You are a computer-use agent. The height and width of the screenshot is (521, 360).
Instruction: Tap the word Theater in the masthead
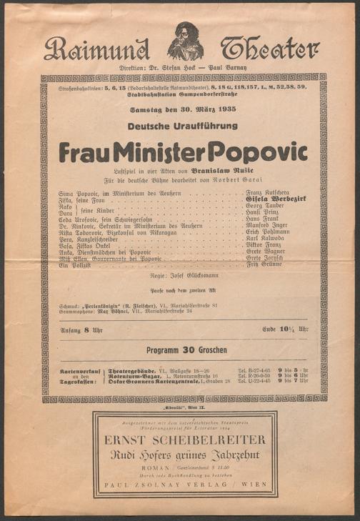(x=269, y=49)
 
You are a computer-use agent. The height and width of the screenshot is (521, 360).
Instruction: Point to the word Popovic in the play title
(x=263, y=152)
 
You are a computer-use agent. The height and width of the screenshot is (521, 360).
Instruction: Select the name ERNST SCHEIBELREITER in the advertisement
(x=184, y=439)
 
